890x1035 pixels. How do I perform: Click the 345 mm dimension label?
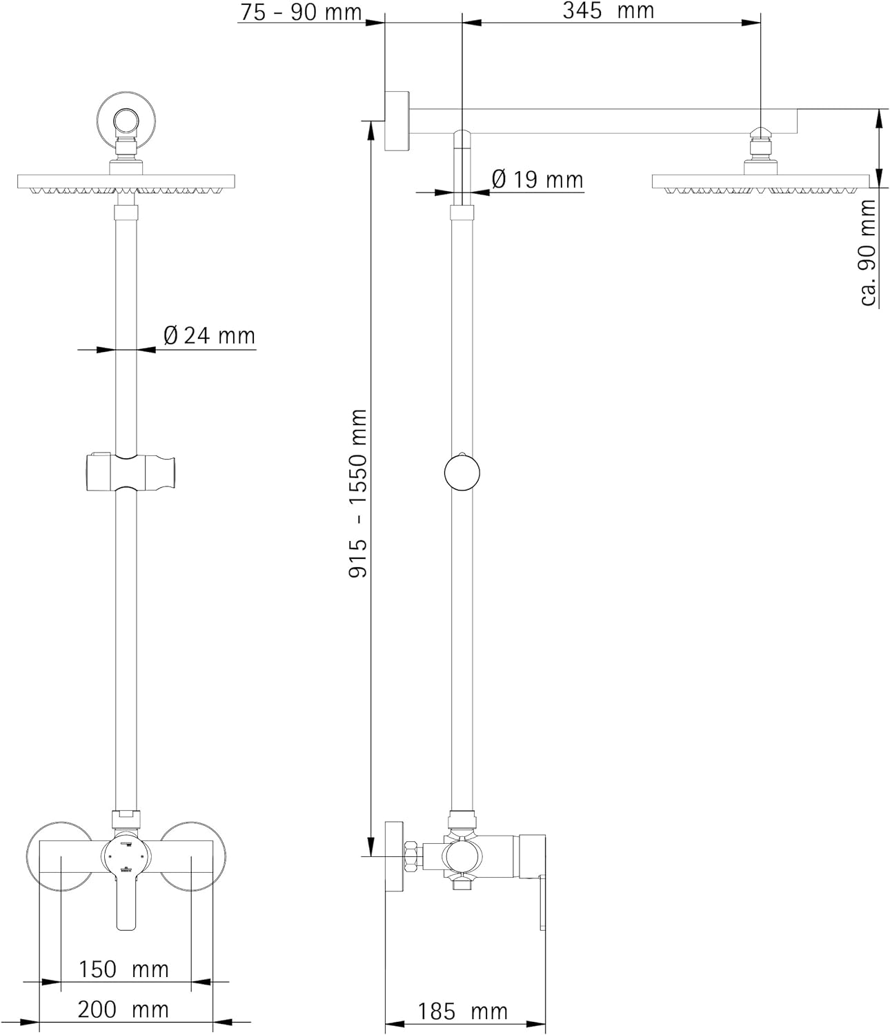pyautogui.click(x=609, y=11)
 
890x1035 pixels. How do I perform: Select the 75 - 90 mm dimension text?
pyautogui.click(x=301, y=12)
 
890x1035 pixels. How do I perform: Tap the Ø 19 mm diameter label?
pyautogui.click(x=537, y=180)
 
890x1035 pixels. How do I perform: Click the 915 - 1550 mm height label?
pyautogui.click(x=358, y=493)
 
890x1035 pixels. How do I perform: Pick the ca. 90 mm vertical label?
pyautogui.click(x=868, y=253)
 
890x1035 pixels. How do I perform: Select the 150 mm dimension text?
pyautogui.click(x=123, y=969)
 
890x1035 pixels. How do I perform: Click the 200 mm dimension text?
pyautogui.click(x=123, y=1009)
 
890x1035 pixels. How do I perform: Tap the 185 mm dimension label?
pyautogui.click(x=462, y=1012)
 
